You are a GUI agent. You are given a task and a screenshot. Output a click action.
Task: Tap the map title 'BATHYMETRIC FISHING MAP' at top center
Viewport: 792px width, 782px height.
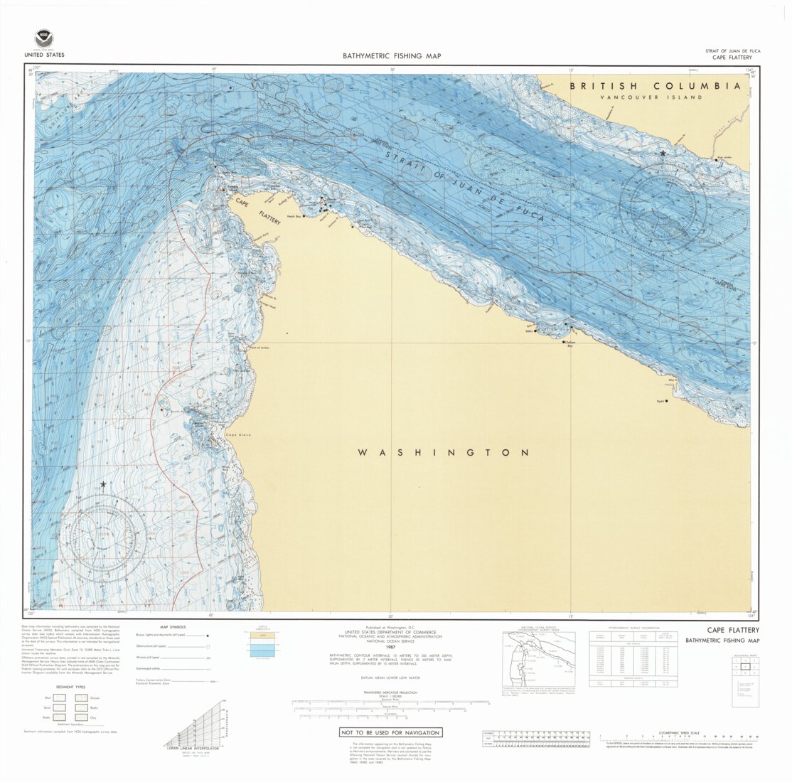pos(391,55)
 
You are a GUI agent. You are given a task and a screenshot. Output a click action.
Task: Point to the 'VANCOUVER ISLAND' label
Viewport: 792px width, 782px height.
pos(651,97)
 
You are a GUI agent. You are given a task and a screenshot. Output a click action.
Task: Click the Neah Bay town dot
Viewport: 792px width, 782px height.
pos(304,215)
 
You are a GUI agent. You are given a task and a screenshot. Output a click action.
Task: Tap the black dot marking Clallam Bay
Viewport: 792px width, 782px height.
pos(564,342)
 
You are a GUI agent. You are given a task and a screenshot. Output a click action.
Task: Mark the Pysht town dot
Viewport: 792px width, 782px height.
pos(667,401)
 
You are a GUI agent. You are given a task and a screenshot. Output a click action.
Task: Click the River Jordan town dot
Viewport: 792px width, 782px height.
pos(716,160)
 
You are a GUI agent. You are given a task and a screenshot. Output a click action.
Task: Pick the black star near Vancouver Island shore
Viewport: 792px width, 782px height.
pos(663,154)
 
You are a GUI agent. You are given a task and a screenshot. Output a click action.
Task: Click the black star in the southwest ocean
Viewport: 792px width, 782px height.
pos(103,484)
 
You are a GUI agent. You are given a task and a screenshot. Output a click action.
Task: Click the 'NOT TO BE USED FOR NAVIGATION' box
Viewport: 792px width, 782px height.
pos(390,732)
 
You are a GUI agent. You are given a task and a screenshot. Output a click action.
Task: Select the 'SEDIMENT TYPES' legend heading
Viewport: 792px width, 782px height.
pos(70,687)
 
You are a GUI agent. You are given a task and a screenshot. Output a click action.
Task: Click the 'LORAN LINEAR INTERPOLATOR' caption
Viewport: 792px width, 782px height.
pos(192,749)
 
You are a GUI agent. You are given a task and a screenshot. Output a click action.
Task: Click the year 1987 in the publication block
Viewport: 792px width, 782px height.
pos(390,647)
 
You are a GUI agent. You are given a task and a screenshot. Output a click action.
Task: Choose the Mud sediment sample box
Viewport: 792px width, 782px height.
pos(60,698)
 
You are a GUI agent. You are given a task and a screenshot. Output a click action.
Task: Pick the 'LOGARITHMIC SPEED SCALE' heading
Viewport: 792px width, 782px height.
pos(679,732)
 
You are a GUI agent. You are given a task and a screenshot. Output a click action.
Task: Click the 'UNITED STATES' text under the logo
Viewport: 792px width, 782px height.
pos(44,55)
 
